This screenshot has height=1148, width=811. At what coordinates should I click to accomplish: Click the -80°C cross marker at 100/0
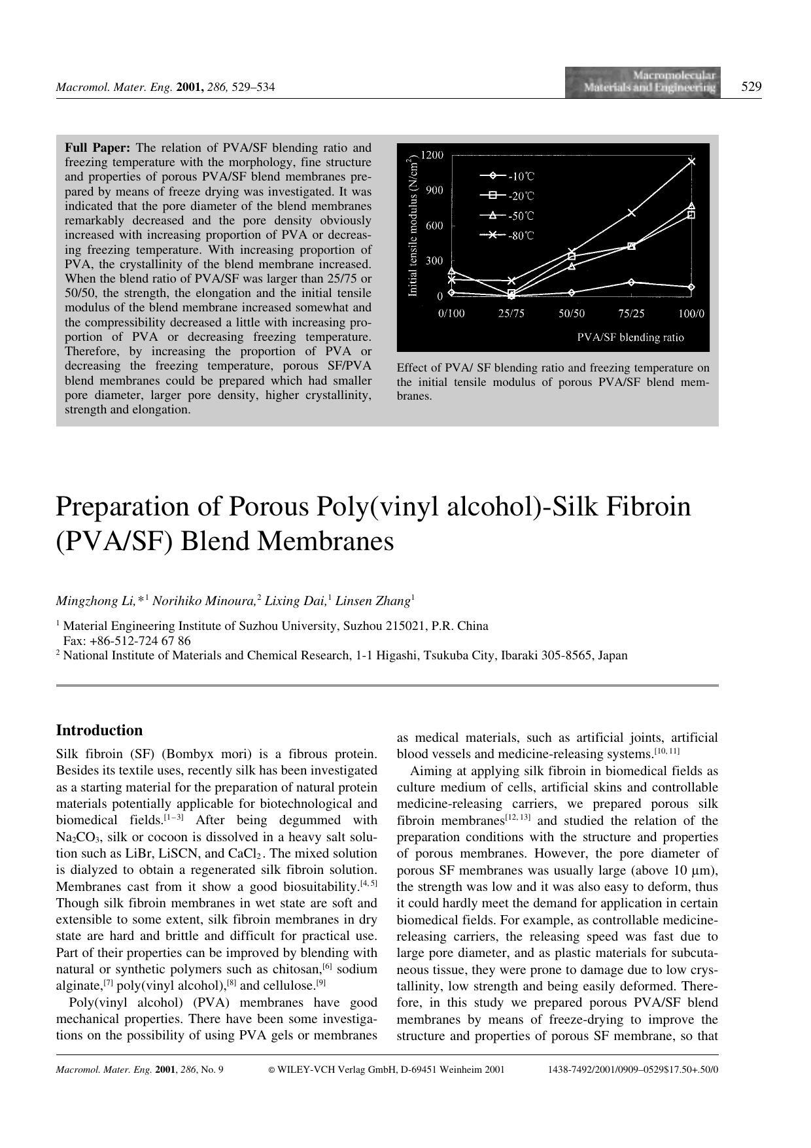[x=691, y=161]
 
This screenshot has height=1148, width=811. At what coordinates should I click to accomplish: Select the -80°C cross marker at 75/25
[x=631, y=212]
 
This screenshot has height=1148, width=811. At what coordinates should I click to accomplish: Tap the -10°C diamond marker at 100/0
[x=691, y=287]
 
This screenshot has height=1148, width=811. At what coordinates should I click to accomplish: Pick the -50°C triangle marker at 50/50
[x=572, y=266]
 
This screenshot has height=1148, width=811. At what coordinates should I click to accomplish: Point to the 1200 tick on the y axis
[x=432, y=155]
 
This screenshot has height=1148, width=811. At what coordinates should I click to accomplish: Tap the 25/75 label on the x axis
[x=511, y=313]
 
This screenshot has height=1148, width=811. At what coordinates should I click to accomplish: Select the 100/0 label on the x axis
[x=691, y=313]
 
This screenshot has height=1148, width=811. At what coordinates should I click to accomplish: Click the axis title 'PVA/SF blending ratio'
[x=630, y=338]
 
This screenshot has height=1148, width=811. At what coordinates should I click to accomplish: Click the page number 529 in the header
[x=751, y=86]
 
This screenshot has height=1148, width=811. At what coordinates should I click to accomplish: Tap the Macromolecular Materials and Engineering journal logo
[x=643, y=82]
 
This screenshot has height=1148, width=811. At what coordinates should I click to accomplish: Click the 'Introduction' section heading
[x=99, y=730]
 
